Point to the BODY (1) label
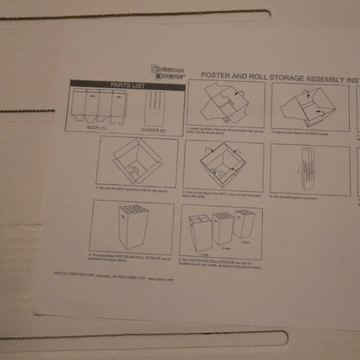pyautogui.click(x=98, y=127)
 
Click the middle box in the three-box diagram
pyautogui.click(x=222, y=227)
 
